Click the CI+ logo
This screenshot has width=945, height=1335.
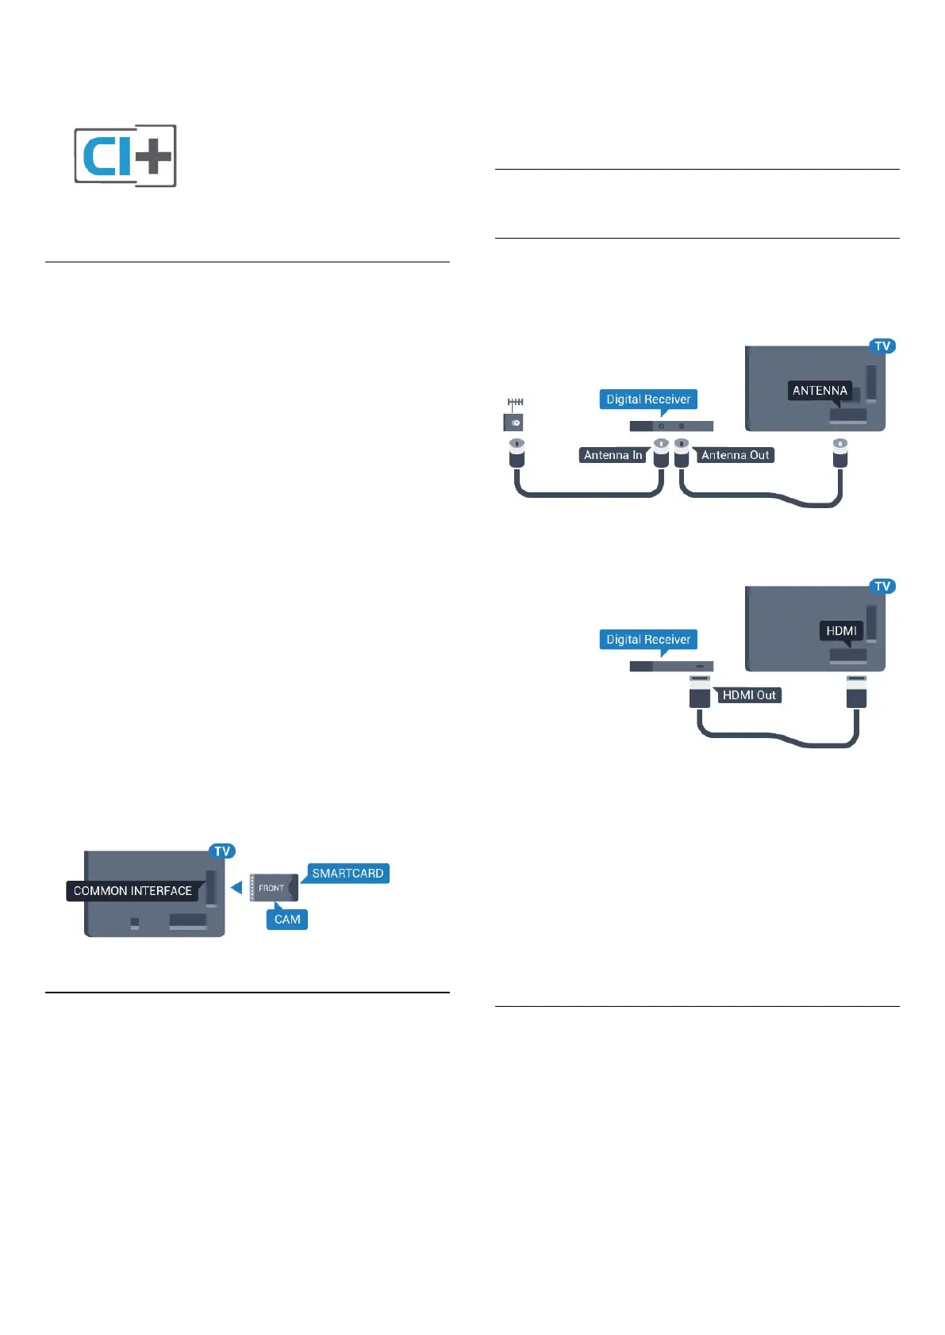(125, 155)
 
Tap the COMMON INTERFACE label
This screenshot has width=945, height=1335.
(133, 891)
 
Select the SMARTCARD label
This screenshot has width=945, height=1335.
(348, 874)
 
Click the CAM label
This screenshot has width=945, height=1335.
(287, 920)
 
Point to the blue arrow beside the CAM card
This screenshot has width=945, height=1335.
(236, 887)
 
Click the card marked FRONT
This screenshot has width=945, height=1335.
(272, 888)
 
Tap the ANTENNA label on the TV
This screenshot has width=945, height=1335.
(820, 391)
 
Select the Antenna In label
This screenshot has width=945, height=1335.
(613, 455)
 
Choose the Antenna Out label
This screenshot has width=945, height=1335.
(736, 455)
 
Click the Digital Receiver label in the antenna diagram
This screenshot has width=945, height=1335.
(648, 400)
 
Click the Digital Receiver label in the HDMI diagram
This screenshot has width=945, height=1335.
(648, 640)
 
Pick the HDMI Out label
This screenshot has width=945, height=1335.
(749, 695)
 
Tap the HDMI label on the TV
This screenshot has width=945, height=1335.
(841, 631)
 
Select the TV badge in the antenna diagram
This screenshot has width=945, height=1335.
(882, 346)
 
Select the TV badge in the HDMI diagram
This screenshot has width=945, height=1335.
(882, 587)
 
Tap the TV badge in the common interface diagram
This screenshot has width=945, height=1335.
(222, 851)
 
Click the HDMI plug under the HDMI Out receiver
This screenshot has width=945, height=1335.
(700, 692)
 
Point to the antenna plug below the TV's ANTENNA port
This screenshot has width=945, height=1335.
(840, 453)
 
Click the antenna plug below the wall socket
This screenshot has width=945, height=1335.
(517, 453)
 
